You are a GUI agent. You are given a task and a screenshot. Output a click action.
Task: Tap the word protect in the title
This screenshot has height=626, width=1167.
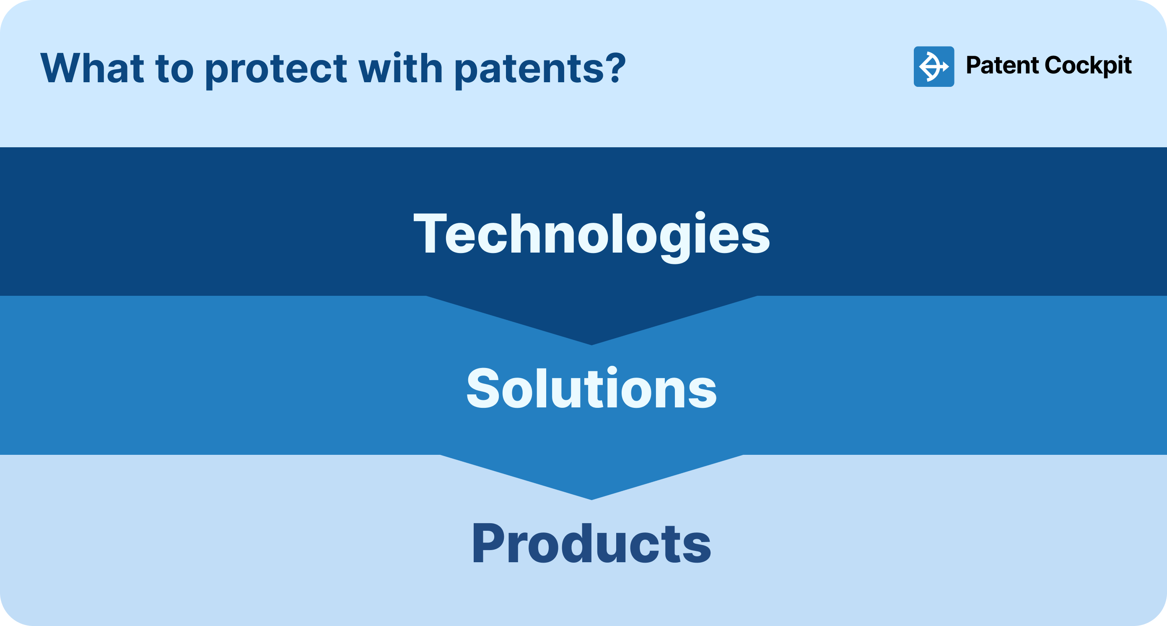pyautogui.click(x=275, y=69)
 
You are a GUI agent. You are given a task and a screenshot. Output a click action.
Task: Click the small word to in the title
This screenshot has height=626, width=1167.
pyautogui.click(x=174, y=69)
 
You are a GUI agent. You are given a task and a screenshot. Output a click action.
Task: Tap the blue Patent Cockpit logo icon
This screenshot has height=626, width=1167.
pyautogui.click(x=934, y=66)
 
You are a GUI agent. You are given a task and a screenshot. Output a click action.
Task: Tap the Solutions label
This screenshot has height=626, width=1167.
pyautogui.click(x=591, y=389)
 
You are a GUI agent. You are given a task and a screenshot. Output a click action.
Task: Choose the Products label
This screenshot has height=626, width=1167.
pyautogui.click(x=591, y=543)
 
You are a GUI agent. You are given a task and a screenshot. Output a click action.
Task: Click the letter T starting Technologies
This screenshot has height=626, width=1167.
pyautogui.click(x=428, y=234)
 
